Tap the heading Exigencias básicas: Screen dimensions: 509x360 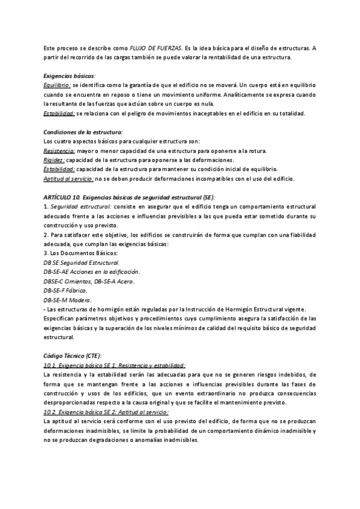pos(70,76)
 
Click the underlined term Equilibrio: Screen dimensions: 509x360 pos(58,86)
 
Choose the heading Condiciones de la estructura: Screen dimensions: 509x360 pos(83,132)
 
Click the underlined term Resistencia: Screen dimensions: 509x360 pos(59,151)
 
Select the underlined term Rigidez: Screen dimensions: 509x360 pos(54,160)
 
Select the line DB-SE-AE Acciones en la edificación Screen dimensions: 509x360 pos(92,272)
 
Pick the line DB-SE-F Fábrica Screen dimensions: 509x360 pos(66,291)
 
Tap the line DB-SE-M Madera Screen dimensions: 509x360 pos(67,300)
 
